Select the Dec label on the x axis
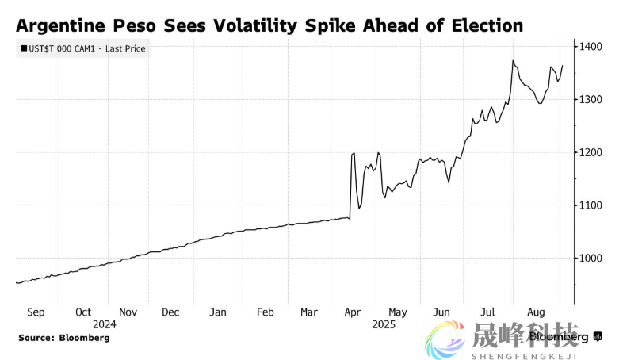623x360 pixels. tap(170, 312)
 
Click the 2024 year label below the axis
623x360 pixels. tap(105, 324)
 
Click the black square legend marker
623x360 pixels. tap(23, 49)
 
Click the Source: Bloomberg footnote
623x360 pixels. tap(64, 338)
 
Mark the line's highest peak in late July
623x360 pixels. tap(514, 60)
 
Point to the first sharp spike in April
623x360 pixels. tap(352, 154)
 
